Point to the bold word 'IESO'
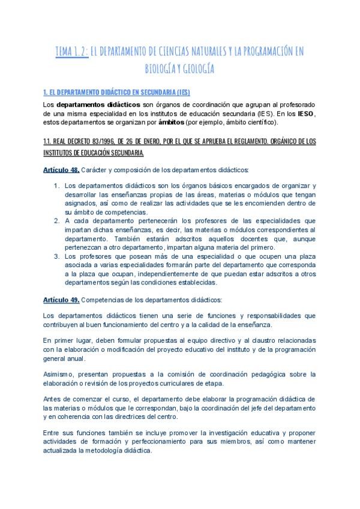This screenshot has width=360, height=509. [x=306, y=114]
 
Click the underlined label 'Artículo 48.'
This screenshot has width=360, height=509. [x=61, y=170]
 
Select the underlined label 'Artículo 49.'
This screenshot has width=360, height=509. [x=61, y=299]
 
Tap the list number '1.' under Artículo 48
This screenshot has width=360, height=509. [x=56, y=185]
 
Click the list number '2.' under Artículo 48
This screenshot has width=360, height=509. [x=56, y=220]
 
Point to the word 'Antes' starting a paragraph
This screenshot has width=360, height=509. [x=53, y=399]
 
